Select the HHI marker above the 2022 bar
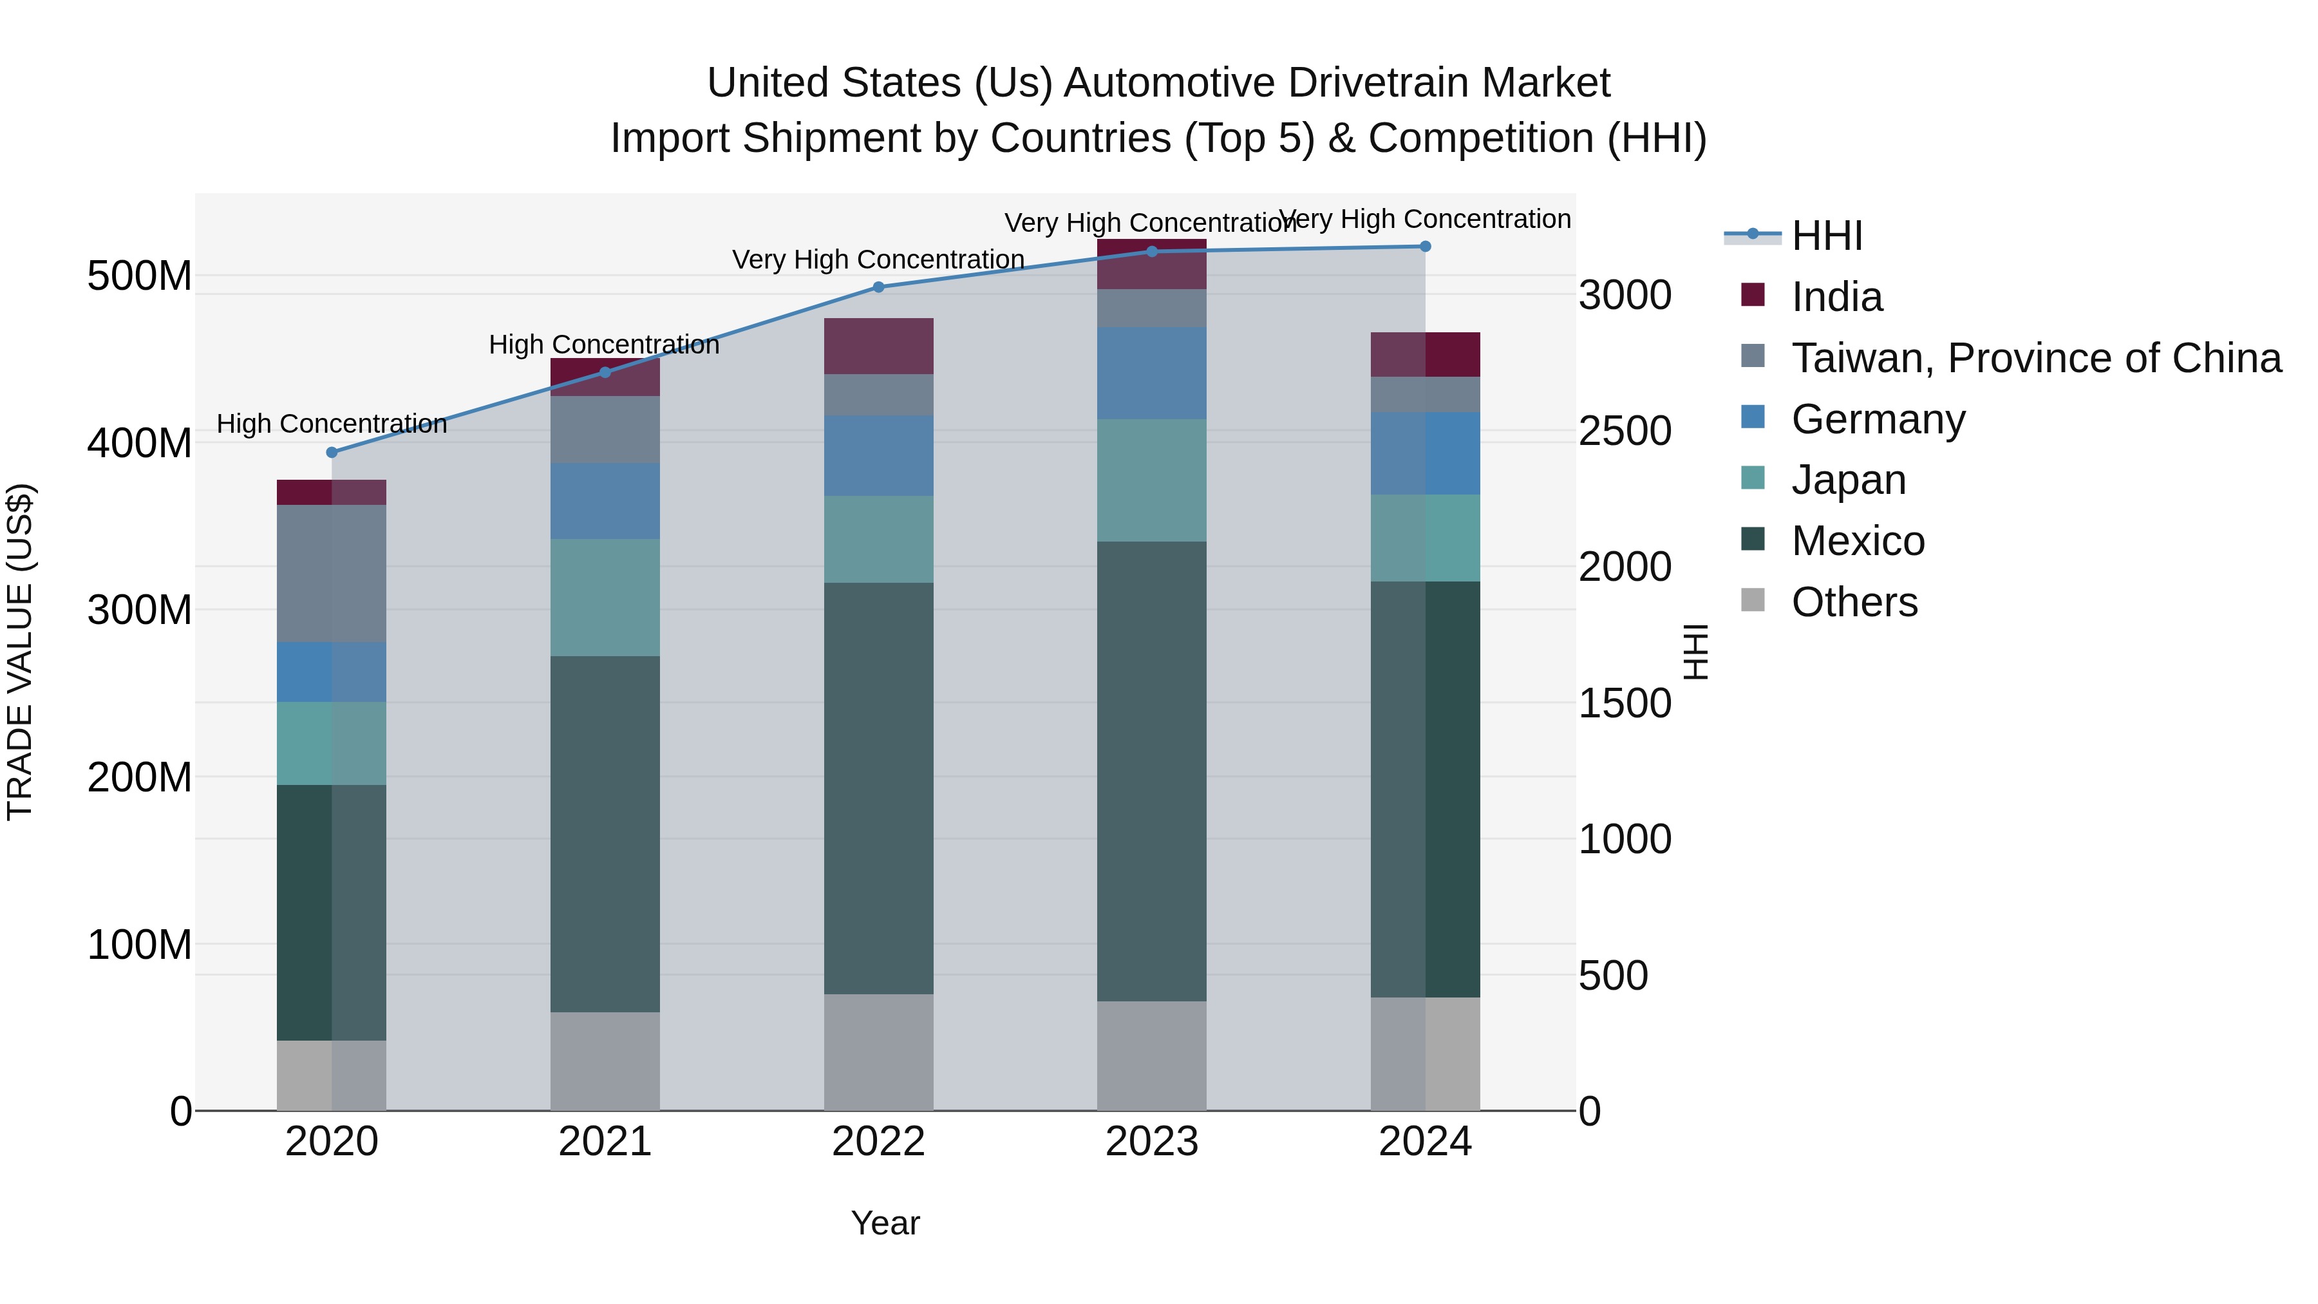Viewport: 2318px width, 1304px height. [878, 287]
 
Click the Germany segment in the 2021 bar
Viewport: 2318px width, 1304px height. [605, 500]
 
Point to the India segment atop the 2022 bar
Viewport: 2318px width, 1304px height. [878, 346]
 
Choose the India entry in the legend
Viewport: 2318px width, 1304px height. [1836, 297]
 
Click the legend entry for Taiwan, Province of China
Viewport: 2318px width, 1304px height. [2035, 358]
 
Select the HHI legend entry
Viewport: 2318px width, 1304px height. [1826, 236]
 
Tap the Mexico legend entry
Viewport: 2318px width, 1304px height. [1857, 541]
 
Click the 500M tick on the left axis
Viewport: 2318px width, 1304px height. [140, 276]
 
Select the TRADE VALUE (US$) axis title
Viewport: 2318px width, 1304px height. [20, 652]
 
